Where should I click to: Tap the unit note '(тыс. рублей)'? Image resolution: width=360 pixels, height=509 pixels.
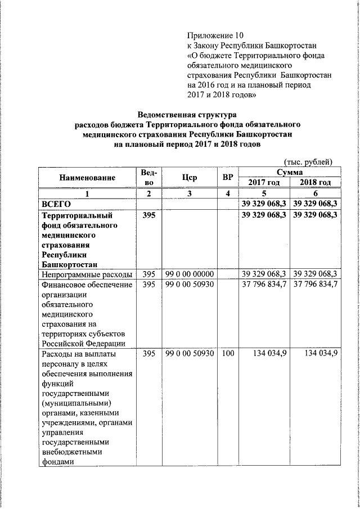click(x=308, y=162)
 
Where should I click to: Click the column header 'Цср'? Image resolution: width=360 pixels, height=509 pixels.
click(x=190, y=178)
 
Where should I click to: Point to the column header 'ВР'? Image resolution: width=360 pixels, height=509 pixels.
click(x=228, y=178)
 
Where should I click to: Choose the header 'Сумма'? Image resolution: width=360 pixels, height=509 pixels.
click(x=289, y=172)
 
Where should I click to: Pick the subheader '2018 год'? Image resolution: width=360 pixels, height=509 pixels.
click(x=315, y=183)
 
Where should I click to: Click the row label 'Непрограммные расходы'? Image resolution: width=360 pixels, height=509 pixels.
click(x=87, y=274)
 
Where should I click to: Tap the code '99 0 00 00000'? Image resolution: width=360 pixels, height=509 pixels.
click(x=190, y=274)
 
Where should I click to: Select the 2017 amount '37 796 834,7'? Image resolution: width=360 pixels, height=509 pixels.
click(x=264, y=285)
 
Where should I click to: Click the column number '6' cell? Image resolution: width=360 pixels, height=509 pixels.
click(x=315, y=193)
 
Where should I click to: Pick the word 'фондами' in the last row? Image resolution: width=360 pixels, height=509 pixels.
click(x=58, y=461)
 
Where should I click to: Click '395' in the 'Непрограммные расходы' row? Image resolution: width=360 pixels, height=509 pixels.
click(x=148, y=274)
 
